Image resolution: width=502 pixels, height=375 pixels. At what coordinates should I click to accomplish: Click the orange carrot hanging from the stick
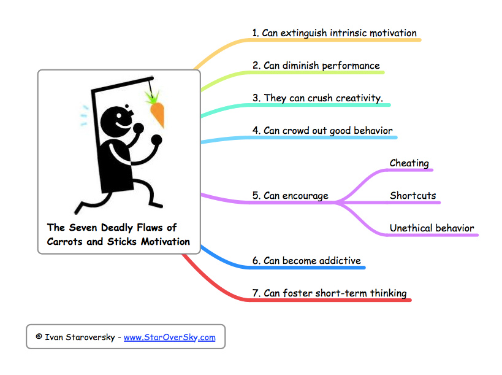tap(158, 114)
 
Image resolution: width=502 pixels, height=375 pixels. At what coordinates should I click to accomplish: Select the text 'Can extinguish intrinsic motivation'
tap(340, 33)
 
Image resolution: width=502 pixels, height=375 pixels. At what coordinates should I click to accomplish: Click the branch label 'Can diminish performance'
tap(322, 66)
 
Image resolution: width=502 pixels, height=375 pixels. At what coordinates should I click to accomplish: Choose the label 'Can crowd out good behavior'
tap(328, 131)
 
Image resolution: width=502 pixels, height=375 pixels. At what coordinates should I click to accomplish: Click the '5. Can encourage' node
tap(291, 196)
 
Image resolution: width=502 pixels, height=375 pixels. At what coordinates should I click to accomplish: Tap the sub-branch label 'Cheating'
tap(409, 163)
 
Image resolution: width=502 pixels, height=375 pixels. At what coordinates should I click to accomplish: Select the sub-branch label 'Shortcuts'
tap(413, 196)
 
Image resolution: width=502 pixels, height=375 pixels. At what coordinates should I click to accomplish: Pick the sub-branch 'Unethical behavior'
tap(432, 228)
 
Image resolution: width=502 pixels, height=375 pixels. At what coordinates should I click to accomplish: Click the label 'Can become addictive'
tap(312, 261)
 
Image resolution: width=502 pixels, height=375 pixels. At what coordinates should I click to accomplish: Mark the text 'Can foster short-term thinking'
tap(335, 293)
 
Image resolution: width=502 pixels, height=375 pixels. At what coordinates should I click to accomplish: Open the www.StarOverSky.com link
tap(169, 337)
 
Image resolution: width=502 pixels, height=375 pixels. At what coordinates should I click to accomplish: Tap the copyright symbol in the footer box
tap(39, 337)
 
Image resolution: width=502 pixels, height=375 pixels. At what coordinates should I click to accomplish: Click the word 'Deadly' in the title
tap(126, 228)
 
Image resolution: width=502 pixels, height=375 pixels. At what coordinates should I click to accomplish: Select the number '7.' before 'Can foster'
tap(257, 293)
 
